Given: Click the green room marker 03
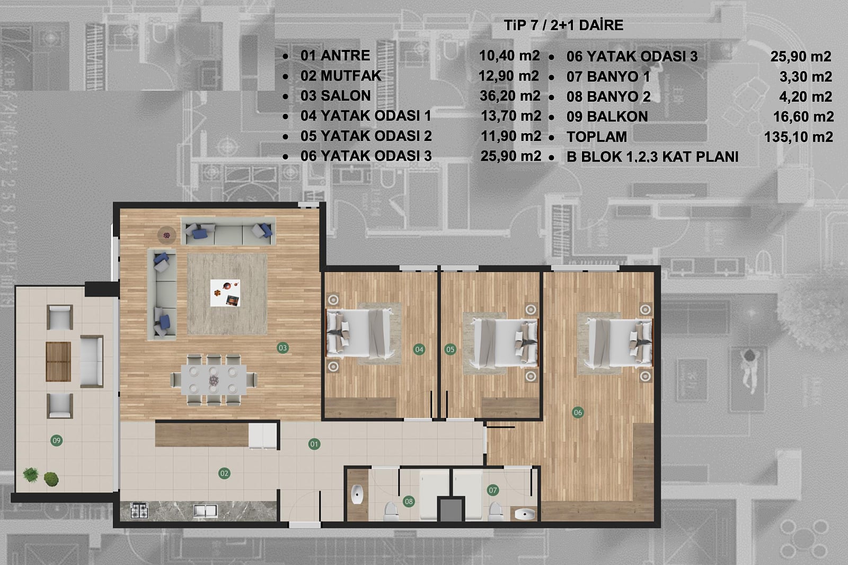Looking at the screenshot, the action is click(283, 348).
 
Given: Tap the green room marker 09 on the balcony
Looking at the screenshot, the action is click(56, 440).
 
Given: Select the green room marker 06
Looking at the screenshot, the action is click(578, 412).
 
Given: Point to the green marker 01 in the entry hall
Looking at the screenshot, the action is click(314, 444).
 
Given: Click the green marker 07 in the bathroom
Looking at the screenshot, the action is click(492, 490).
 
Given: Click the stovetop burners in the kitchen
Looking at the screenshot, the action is click(139, 510).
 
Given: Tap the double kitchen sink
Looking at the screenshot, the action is click(206, 511).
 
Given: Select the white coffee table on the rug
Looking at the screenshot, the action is click(225, 293).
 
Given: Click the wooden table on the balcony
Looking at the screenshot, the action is click(58, 361).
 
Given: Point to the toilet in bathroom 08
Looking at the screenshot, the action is click(391, 511).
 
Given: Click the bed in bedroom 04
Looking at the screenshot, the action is click(359, 333).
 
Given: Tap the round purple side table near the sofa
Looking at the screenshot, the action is click(166, 235).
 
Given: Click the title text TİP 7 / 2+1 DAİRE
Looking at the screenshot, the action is click(564, 25).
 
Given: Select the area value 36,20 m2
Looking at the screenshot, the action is click(510, 96).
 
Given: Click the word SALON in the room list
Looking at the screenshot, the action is click(346, 96).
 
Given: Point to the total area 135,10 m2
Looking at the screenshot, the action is click(798, 137).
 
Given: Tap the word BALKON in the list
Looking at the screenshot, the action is click(617, 117).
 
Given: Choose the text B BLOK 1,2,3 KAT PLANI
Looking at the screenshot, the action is click(652, 157).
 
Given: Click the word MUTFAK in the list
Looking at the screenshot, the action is click(351, 76).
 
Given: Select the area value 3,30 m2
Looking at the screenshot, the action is click(806, 77).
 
